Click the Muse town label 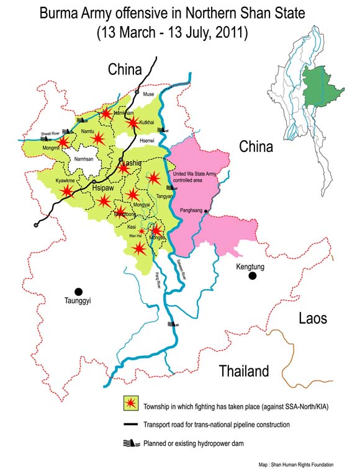click(x=148, y=94)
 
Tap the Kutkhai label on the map click(x=147, y=123)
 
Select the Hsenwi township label click(x=146, y=141)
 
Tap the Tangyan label click(x=164, y=196)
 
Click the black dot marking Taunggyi click(x=79, y=291)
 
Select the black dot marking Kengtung click(x=252, y=276)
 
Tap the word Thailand click(x=244, y=371)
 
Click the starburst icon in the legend click(x=130, y=404)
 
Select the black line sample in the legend click(x=130, y=425)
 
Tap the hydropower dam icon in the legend click(x=130, y=443)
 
